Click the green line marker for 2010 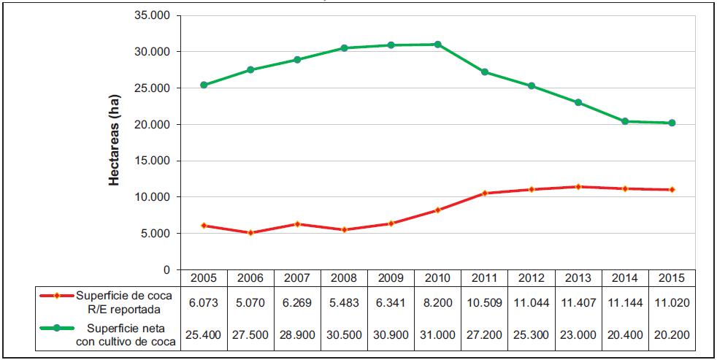point(437,45)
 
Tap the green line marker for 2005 point(204,85)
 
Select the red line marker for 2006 point(250,233)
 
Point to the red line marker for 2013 point(578,187)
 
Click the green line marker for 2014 point(624,121)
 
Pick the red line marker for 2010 point(437,210)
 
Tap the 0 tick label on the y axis point(166,270)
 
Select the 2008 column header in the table point(344,278)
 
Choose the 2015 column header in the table point(671,278)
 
